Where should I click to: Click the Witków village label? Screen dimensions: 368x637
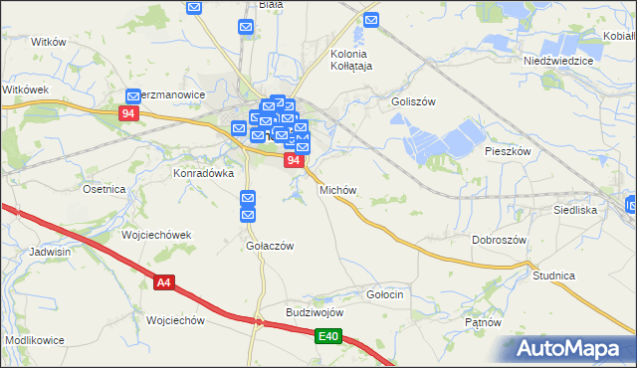pyautogui.click(x=48, y=42)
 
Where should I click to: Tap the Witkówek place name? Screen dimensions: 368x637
pyautogui.click(x=26, y=90)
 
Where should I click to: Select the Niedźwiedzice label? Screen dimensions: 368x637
pyautogui.click(x=558, y=61)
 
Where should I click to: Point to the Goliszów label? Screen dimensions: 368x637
pyautogui.click(x=414, y=101)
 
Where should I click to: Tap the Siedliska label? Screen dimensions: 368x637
pyautogui.click(x=574, y=211)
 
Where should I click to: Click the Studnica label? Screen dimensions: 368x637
pyautogui.click(x=554, y=275)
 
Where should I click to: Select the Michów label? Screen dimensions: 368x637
pyautogui.click(x=337, y=189)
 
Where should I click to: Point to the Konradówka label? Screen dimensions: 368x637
pyautogui.click(x=203, y=172)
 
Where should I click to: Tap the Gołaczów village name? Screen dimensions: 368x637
pyautogui.click(x=269, y=247)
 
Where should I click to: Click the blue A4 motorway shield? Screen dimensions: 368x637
pyautogui.click(x=164, y=283)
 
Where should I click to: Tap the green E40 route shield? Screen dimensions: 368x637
pyautogui.click(x=329, y=338)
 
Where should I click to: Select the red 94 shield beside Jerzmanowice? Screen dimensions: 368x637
pyautogui.click(x=127, y=113)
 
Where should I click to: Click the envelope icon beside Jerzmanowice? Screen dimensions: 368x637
pyautogui.click(x=133, y=96)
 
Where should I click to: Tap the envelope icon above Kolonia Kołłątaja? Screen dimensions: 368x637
pyautogui.click(x=371, y=20)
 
